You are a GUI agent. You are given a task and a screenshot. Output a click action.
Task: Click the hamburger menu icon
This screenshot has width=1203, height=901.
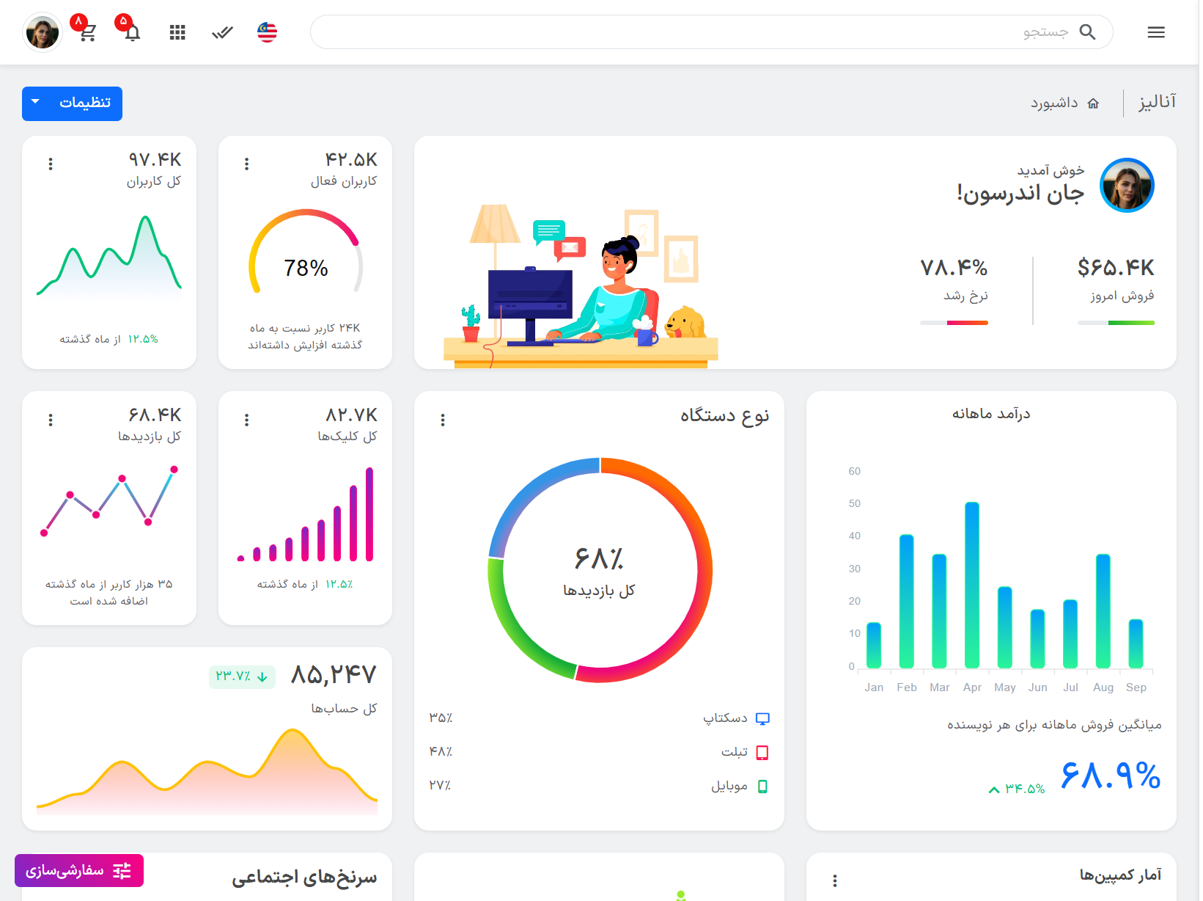coord(1156,32)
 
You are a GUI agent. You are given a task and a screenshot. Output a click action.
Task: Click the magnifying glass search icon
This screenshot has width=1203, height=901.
coord(1087,32)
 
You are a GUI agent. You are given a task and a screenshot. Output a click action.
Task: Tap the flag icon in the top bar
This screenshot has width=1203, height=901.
coord(267,32)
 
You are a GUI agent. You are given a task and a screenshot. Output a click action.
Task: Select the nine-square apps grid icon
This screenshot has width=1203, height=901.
coord(177,32)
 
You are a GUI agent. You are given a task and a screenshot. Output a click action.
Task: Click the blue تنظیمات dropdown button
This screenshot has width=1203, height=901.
coord(72,103)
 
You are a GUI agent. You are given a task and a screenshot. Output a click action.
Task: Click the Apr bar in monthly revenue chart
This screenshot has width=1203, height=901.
coord(972,585)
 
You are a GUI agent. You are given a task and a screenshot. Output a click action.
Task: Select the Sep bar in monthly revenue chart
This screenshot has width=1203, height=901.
coord(1136,643)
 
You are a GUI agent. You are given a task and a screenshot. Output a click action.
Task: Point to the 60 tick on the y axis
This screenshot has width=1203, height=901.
coord(854,471)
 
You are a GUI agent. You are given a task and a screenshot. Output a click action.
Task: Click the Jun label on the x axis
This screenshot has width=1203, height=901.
coord(1037,687)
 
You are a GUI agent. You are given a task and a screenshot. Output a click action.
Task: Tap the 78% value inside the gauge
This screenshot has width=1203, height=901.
coord(306,268)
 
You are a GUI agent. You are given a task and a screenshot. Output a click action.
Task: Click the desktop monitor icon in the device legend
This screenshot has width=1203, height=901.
coord(762,718)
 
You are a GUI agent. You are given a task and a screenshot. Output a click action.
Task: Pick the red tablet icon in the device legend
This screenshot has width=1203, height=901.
coord(762,752)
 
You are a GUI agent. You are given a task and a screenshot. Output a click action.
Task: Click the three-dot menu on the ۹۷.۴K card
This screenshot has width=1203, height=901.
coord(51,164)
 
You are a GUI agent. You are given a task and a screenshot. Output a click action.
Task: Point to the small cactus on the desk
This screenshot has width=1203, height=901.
coord(470,323)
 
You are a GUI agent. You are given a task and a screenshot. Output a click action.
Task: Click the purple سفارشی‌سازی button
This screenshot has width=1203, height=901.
coord(79,870)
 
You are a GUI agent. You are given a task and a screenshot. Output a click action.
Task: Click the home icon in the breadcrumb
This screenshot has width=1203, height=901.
coord(1093,103)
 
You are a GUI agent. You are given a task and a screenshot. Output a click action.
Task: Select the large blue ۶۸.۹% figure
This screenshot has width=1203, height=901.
coord(1111,776)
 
